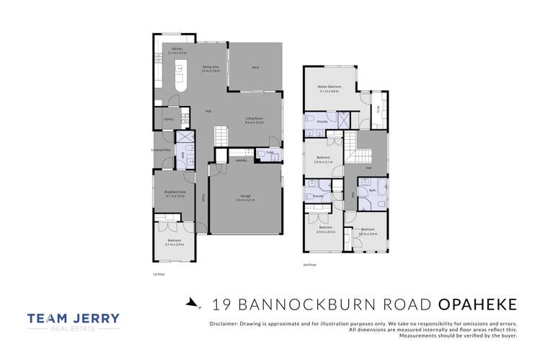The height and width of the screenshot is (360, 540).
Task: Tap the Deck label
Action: (255, 67)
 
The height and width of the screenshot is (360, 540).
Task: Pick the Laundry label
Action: (241, 160)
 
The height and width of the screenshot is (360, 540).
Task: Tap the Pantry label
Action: (168, 119)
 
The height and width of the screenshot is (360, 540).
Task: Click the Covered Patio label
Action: (161, 150)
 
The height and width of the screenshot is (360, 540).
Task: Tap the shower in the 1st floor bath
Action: (185, 137)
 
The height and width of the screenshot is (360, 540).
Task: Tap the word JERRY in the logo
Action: (93, 317)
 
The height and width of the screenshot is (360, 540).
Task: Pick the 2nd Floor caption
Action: (309, 265)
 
